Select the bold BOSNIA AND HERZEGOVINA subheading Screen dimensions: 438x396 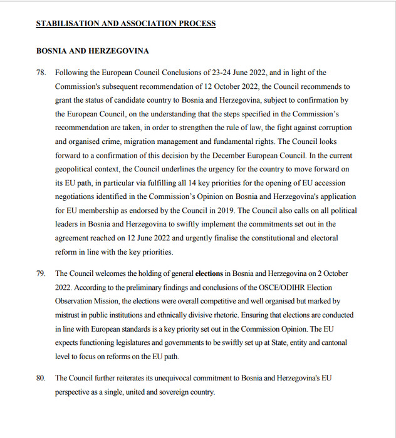(x=92, y=51)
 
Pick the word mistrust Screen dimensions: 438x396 (x=70, y=315)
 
